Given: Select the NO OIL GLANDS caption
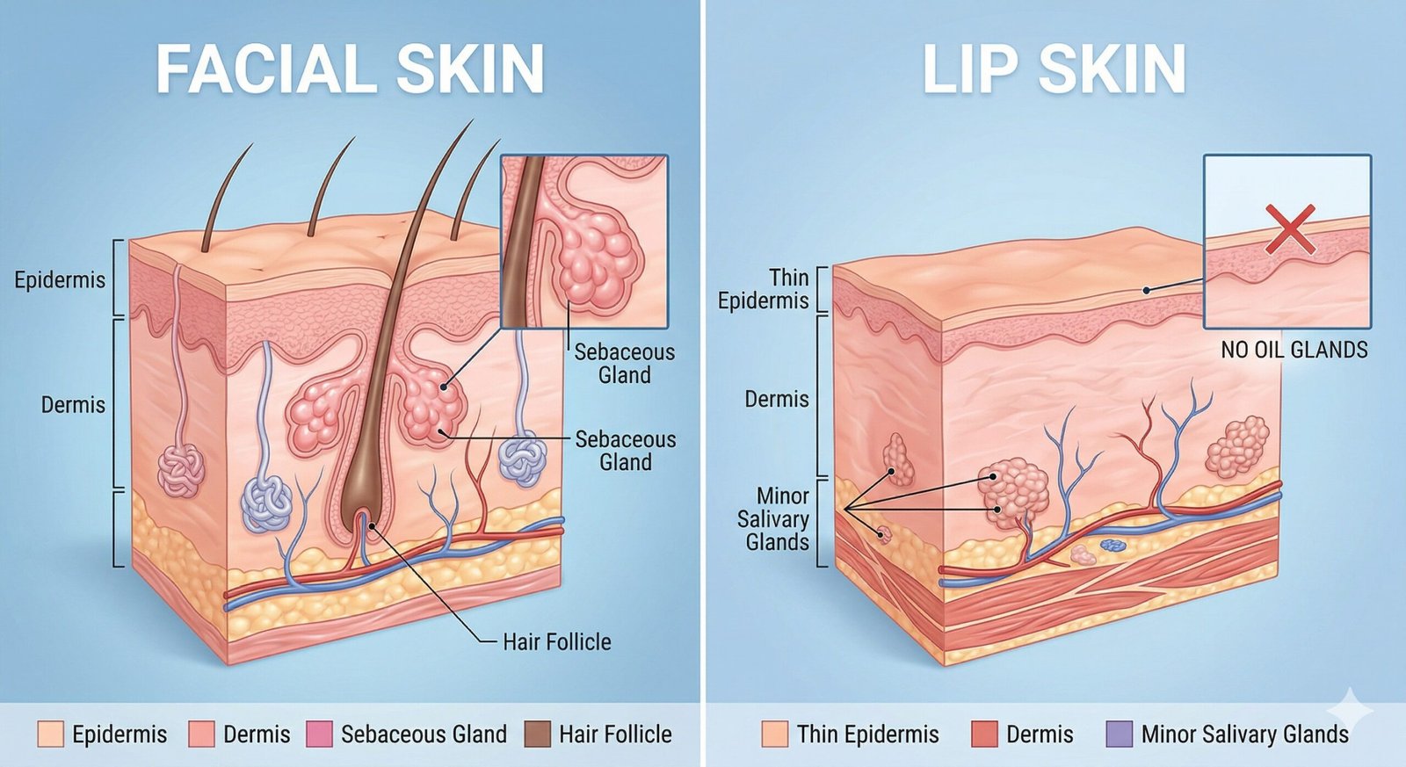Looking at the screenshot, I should click(1294, 350).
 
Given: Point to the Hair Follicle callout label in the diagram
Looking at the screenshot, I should click(556, 642).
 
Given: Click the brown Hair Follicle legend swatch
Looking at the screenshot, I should click(537, 734).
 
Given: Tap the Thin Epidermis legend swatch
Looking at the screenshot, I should click(775, 734).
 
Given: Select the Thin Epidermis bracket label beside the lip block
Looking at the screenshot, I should click(764, 289).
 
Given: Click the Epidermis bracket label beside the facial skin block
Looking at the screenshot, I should click(60, 280).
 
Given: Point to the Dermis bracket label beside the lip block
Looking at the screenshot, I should click(776, 399).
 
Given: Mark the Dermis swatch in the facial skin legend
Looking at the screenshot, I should click(202, 734).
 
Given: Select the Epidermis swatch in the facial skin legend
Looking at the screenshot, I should click(51, 734).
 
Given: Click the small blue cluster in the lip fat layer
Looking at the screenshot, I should click(1112, 546).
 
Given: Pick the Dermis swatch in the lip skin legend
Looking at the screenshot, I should click(985, 734).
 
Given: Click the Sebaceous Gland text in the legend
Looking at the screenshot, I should click(424, 734).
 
